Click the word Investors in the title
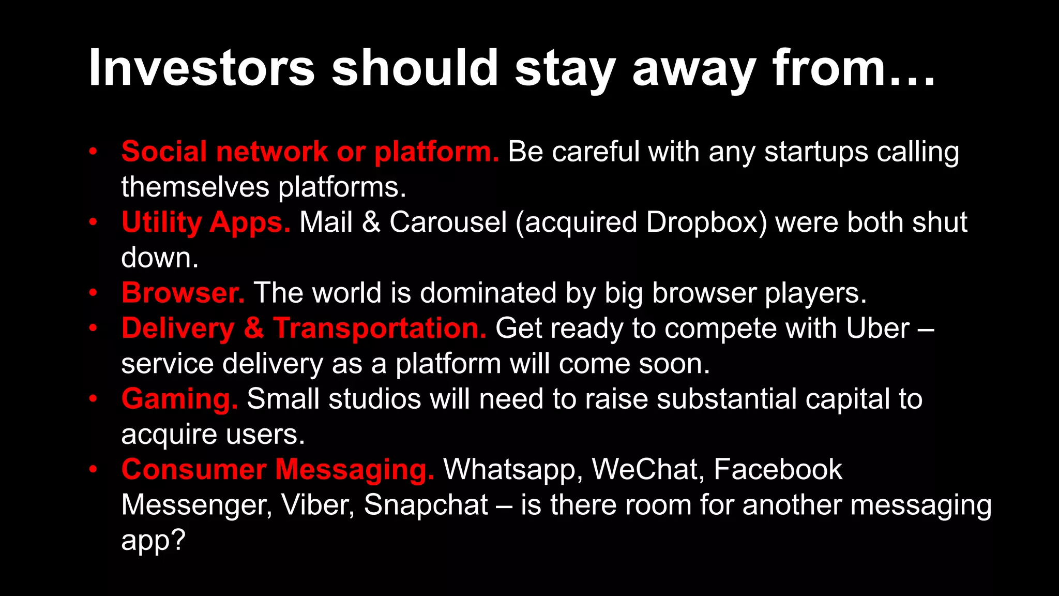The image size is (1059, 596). (202, 68)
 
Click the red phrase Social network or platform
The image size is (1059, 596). (310, 152)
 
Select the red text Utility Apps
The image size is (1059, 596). (206, 222)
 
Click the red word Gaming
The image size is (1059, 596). (179, 399)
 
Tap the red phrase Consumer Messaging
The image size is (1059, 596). (278, 470)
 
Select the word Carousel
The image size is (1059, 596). (448, 222)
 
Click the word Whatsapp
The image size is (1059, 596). (512, 470)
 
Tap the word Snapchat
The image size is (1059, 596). (426, 505)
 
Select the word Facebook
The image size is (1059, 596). (778, 470)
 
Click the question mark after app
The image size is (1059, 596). (177, 540)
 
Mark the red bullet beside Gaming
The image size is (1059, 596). (93, 398)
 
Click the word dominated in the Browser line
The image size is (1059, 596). (488, 293)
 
